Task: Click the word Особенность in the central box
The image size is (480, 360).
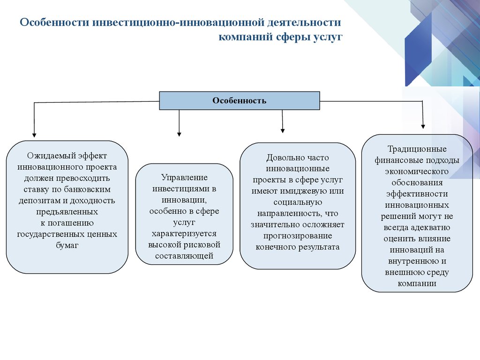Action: coord(239,100)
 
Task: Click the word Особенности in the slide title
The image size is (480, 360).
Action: coord(55,22)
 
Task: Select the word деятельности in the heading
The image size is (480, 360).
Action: coord(304,22)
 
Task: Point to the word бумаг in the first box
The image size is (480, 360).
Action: coord(67,245)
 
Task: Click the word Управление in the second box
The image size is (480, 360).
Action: coord(184,178)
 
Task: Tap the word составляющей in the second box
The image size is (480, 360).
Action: coord(184,256)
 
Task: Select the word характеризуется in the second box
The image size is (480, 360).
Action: coord(184,233)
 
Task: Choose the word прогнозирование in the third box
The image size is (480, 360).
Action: coord(298,236)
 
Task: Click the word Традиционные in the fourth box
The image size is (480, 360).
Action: coord(417,149)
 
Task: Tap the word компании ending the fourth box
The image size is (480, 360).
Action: coord(417,284)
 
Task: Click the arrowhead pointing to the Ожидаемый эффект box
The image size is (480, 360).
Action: coord(34,135)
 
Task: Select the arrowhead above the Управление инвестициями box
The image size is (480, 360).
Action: coord(179,134)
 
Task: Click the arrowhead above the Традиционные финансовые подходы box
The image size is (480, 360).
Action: coord(423,127)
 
